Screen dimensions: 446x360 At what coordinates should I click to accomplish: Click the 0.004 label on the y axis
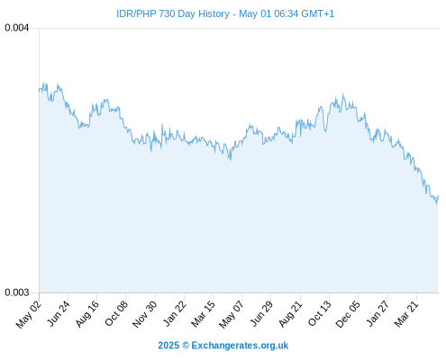point(17,28)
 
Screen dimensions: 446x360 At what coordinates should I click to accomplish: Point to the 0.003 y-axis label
point(17,292)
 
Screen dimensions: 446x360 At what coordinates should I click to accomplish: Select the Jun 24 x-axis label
point(59,313)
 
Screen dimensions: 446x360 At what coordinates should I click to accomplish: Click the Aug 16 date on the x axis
point(87,314)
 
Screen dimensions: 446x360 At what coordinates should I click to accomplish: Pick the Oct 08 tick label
point(116,313)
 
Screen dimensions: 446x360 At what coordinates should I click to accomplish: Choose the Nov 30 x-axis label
point(145,314)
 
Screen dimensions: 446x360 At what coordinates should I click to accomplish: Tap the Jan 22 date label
point(175,313)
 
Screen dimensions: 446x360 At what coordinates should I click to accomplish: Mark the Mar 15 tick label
point(204,314)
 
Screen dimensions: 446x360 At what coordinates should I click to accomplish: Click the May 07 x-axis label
point(232,314)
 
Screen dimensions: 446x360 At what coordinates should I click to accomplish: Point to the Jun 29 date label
point(261,313)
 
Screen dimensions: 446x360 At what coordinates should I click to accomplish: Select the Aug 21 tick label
point(290,314)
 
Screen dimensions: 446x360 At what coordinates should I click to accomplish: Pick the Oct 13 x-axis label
point(320,313)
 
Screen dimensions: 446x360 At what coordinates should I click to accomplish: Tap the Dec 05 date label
point(348,314)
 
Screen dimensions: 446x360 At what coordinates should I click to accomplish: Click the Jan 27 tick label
point(378,313)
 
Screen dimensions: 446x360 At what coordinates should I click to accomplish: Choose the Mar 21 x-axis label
point(406,314)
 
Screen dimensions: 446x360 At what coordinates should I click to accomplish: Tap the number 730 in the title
point(167,13)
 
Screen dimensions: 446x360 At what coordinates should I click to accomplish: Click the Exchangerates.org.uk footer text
point(240,346)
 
